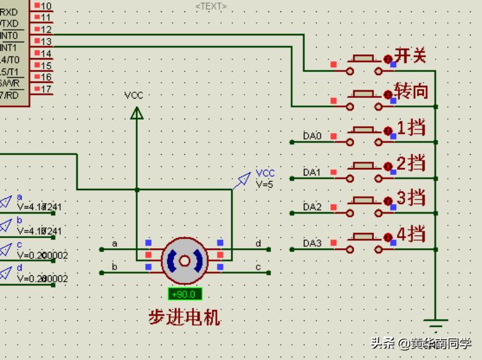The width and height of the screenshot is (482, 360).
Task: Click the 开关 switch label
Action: pos(410,56)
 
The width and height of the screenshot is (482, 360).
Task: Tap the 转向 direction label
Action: pos(411,91)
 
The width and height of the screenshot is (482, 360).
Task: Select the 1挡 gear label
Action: pos(411,128)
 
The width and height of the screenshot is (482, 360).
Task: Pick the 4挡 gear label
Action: pos(411,234)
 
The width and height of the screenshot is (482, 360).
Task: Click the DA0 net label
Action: pos(312,136)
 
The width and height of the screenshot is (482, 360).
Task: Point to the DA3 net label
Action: pos(312,243)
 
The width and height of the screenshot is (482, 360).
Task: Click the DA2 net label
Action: pos(312,207)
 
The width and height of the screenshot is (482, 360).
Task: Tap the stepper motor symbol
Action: pos(184,260)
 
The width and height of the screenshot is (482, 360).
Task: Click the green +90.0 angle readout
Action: pos(185,294)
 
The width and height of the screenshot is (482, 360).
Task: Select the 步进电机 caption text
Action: pos(184,316)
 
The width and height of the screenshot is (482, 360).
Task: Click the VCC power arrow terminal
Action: pos(136,112)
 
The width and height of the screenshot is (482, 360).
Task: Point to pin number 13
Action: pos(46,42)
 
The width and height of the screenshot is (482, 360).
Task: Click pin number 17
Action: pos(46,89)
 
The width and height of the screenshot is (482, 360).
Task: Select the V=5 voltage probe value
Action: pos(265,184)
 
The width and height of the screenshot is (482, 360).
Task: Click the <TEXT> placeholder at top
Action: pos(211,6)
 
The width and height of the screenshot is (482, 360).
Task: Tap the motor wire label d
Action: pos(258,243)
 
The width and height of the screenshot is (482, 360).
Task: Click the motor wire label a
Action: pos(114,243)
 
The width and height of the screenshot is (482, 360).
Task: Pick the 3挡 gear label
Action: pos(411,198)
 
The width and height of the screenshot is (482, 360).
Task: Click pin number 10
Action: pos(46,6)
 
